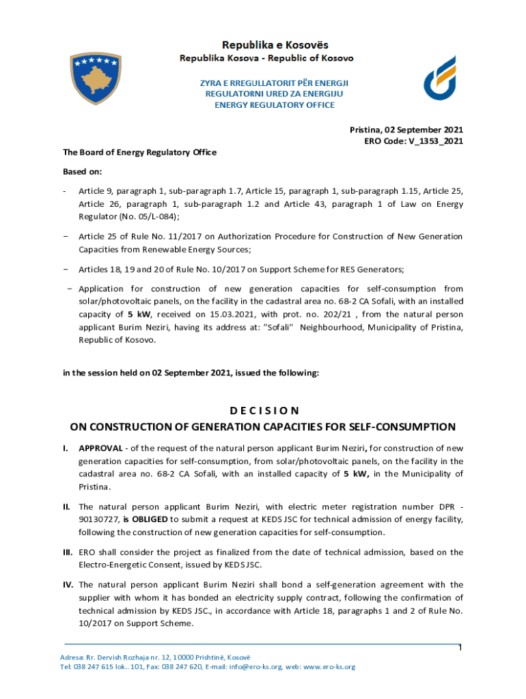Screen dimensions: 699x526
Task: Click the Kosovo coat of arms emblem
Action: (x=96, y=79)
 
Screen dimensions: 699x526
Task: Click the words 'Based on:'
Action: (x=82, y=171)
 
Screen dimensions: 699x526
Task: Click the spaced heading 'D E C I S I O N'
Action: (x=263, y=410)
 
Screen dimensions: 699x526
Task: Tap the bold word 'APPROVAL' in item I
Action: (x=100, y=448)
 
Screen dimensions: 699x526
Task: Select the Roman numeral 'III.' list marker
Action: (x=68, y=552)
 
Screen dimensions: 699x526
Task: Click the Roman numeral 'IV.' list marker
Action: (x=68, y=585)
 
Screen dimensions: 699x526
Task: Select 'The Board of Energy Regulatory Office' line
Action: (x=139, y=152)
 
